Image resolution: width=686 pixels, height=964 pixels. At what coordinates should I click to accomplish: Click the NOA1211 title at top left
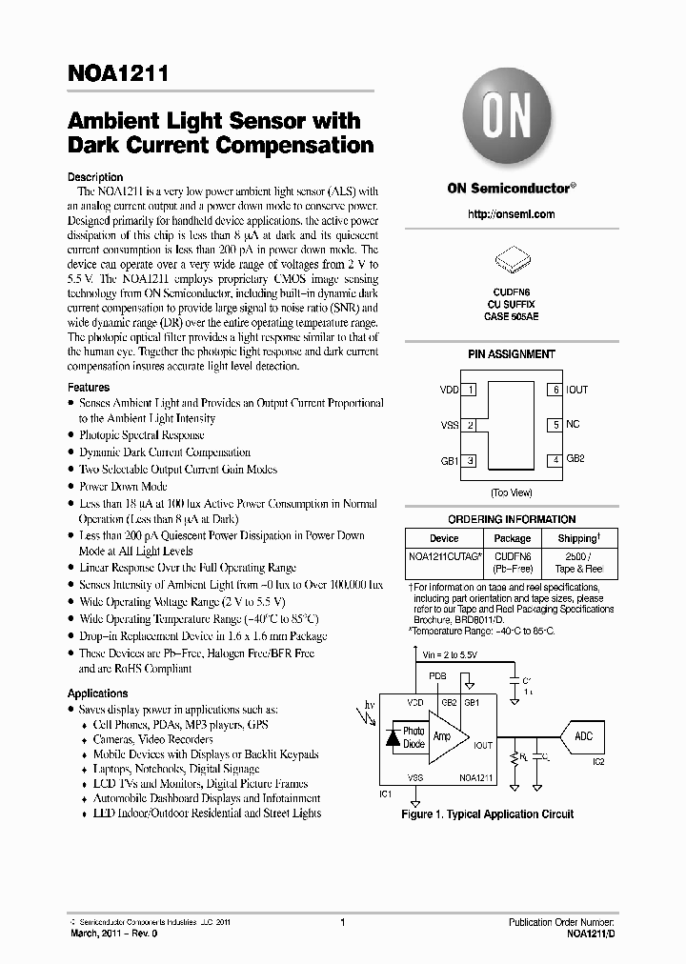click(118, 74)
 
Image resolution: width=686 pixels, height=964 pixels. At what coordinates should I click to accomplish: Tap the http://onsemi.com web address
click(511, 214)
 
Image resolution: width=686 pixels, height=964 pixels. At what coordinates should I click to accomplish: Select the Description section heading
click(95, 177)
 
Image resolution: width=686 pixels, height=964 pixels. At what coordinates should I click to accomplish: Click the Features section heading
click(89, 388)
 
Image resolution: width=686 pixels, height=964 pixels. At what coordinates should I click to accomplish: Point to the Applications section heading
click(97, 693)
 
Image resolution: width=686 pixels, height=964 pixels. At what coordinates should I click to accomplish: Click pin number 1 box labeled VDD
click(471, 390)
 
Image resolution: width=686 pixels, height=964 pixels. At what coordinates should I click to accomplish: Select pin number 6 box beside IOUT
click(554, 390)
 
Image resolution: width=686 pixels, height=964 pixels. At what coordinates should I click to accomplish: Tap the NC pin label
click(573, 424)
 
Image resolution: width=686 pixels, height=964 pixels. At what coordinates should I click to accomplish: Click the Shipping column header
click(578, 538)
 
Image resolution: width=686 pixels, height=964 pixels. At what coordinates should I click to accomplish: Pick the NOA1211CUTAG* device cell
click(445, 554)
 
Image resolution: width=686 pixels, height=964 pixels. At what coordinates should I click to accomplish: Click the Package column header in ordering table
click(513, 538)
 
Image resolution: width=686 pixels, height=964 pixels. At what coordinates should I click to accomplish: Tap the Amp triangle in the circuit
click(443, 737)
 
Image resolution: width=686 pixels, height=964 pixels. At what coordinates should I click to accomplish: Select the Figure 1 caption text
click(488, 814)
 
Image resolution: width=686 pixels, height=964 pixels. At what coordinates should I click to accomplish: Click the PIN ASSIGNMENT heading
click(511, 354)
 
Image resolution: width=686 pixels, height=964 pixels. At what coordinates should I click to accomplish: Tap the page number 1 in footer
click(342, 922)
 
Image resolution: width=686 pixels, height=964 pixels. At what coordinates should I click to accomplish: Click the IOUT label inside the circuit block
click(483, 746)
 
